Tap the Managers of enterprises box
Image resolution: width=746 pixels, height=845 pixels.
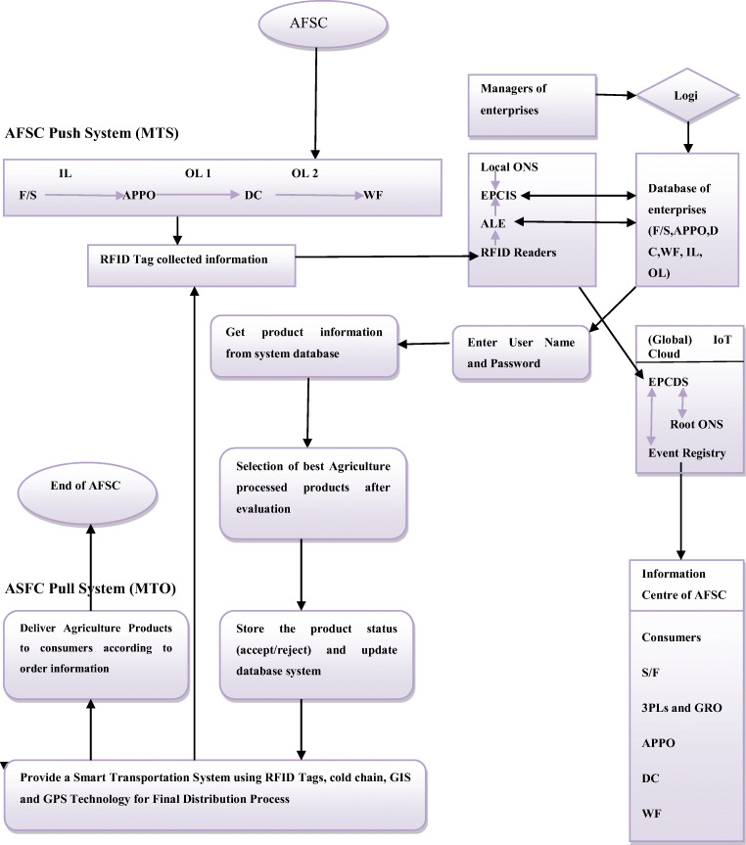pos(532,100)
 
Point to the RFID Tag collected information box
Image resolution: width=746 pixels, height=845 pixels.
pos(191,259)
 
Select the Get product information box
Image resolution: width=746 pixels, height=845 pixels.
pos(304,346)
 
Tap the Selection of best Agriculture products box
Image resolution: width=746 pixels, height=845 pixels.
pos(312,493)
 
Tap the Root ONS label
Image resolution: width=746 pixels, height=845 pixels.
pos(696,425)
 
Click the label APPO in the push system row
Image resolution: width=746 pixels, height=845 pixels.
pos(139,196)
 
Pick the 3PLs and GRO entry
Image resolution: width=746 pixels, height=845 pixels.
pos(681,707)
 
